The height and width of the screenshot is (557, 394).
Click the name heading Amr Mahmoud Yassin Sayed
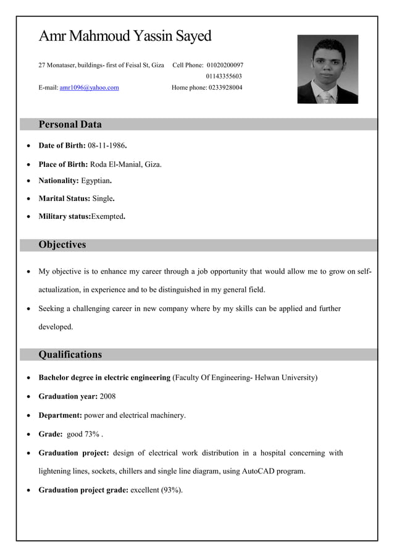[125, 36]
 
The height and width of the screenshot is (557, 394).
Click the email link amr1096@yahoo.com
[89, 88]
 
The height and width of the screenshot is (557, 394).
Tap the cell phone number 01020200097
[224, 65]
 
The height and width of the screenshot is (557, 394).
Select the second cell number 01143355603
[224, 76]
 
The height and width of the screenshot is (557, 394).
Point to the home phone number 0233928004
[225, 88]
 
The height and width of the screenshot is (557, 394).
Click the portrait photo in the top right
[327, 69]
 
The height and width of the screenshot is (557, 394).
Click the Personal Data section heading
[70, 124]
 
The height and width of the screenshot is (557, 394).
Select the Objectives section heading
[62, 245]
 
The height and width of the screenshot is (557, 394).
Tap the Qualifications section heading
[70, 355]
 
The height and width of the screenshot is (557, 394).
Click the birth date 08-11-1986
[107, 146]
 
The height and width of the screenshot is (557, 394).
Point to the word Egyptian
[96, 181]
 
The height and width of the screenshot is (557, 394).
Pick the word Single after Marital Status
[103, 199]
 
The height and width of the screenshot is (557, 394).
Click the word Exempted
[107, 217]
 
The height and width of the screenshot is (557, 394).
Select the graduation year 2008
[107, 396]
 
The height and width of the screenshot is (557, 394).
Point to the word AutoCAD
[258, 471]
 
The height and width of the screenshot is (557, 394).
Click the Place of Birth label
[63, 164]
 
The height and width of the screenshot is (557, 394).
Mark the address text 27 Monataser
[61, 65]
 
